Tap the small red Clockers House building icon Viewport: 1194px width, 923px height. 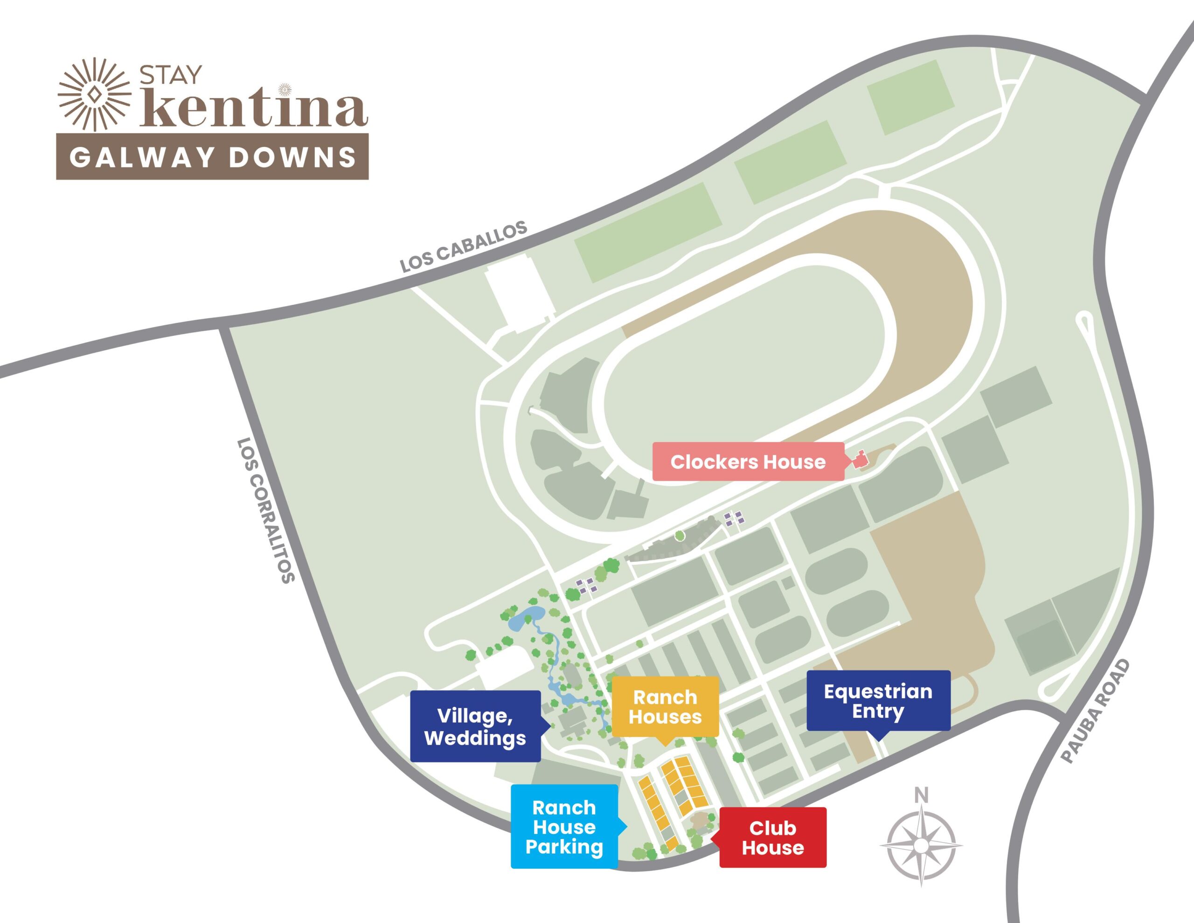point(860,459)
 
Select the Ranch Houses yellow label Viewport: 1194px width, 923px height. point(665,707)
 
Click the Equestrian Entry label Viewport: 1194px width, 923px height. point(878,701)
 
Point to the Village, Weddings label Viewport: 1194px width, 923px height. point(475,727)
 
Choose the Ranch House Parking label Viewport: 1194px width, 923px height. point(564,827)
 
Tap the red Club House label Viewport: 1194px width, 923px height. point(772,838)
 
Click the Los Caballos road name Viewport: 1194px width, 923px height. point(463,246)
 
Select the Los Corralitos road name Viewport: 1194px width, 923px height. point(266,510)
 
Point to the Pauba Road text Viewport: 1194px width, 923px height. point(1095,712)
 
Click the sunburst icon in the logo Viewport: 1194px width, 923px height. point(95,94)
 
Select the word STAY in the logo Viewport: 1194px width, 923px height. point(171,76)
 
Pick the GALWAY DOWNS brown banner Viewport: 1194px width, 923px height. point(212,157)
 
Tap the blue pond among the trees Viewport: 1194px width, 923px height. point(526,618)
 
